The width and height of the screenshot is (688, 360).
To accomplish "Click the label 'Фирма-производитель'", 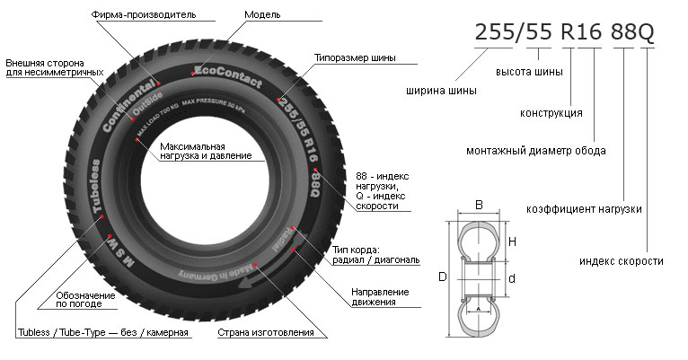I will coord(143,15).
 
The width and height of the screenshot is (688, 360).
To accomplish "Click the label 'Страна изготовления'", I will coord(266,333).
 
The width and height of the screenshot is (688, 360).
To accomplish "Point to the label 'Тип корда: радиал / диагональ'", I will coord(375,255).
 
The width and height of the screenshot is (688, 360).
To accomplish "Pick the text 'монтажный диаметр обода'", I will coord(535,150).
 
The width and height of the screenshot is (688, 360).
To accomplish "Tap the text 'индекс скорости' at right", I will coord(621,260).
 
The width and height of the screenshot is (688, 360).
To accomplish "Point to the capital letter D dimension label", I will coord(443,277).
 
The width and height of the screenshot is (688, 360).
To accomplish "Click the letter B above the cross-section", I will coord(480,206).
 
